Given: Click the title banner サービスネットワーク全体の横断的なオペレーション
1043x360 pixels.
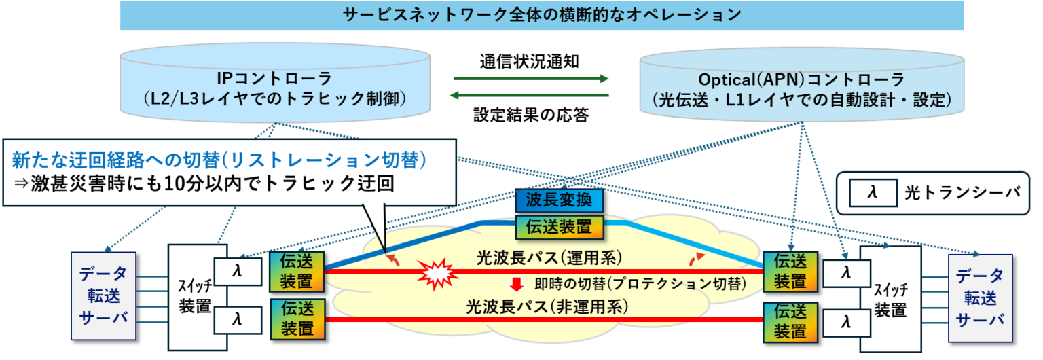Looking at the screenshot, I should click(542, 15).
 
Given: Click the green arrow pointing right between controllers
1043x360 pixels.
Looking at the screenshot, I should click(530, 78).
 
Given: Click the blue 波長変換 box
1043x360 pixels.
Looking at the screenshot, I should click(559, 201).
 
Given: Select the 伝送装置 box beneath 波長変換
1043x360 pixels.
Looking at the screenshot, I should click(559, 227).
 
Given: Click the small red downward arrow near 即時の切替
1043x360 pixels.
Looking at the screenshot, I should click(517, 283).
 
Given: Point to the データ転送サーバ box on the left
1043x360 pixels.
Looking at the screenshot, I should click(103, 296).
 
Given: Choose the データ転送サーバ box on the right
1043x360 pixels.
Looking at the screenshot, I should click(979, 298).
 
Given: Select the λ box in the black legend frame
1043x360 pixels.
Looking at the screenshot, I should click(873, 193).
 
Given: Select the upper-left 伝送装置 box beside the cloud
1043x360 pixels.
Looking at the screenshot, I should click(297, 270).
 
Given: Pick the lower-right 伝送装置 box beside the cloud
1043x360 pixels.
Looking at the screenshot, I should click(790, 321).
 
